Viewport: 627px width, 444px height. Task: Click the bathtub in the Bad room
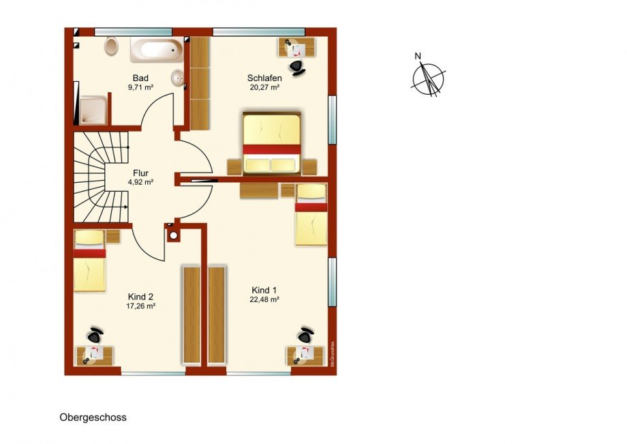pyautogui.click(x=156, y=50)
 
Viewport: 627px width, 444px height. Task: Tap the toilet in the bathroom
pyautogui.click(x=111, y=47)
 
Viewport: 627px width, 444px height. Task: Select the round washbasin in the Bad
pyautogui.click(x=178, y=78)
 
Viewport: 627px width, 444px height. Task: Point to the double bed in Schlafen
pyautogui.click(x=271, y=143)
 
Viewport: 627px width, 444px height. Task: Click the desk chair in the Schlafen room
pyautogui.click(x=297, y=66)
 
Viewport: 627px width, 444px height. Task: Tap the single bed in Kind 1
pyautogui.click(x=311, y=214)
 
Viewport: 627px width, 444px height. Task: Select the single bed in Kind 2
pyautogui.click(x=89, y=261)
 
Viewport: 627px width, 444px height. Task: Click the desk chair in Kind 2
pyautogui.click(x=95, y=335)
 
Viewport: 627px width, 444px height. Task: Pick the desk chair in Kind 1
pyautogui.click(x=306, y=335)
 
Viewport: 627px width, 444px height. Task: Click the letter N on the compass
pyautogui.click(x=418, y=56)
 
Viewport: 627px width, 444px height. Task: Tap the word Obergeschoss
pyautogui.click(x=93, y=417)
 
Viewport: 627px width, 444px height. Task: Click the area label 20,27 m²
pyautogui.click(x=264, y=87)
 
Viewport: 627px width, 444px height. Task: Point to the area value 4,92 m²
pyautogui.click(x=140, y=182)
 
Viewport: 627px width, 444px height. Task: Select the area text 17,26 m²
pyautogui.click(x=141, y=306)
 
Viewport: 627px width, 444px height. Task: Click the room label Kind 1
pyautogui.click(x=264, y=290)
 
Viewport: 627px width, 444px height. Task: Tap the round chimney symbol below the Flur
pyautogui.click(x=173, y=235)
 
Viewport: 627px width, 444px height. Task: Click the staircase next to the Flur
pyautogui.click(x=101, y=177)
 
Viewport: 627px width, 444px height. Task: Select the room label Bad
pyautogui.click(x=141, y=78)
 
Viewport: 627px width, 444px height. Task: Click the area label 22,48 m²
pyautogui.click(x=264, y=299)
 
